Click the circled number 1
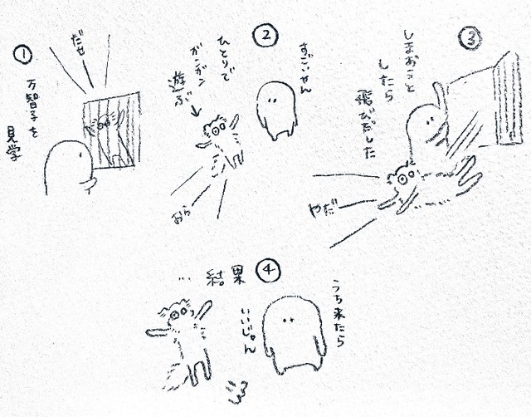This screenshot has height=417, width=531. click(23, 56)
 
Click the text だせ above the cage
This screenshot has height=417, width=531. click(80, 42)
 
